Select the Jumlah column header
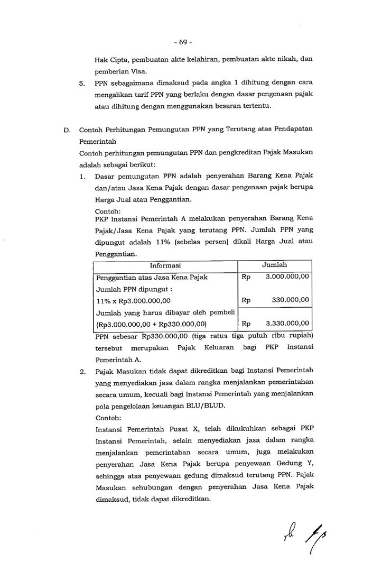(x=275, y=265)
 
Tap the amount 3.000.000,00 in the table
(x=287, y=277)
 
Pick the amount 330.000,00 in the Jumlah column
(x=291, y=300)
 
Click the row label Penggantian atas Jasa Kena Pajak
(x=152, y=277)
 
